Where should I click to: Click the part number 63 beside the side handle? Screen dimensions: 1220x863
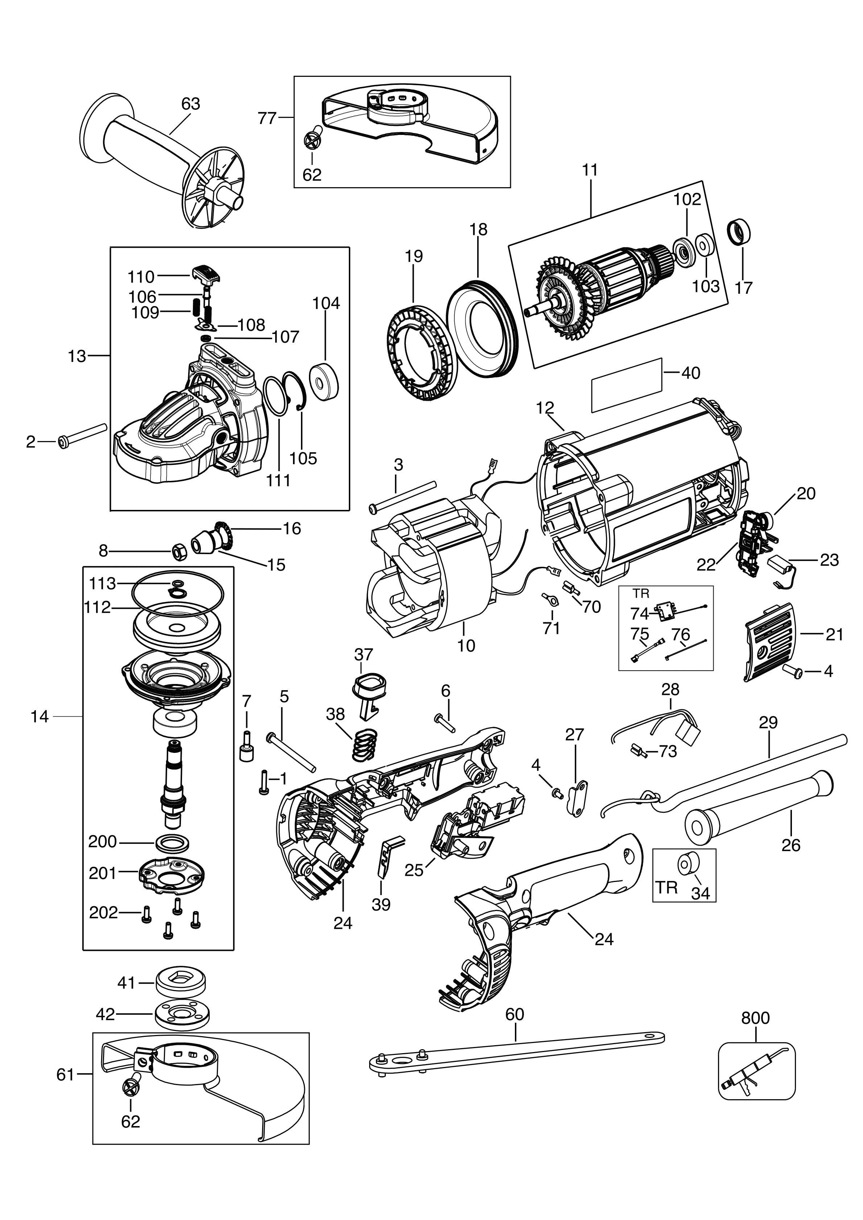tap(190, 104)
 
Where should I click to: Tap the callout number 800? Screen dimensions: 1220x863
tap(755, 1018)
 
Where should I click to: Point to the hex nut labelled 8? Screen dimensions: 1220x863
tap(179, 552)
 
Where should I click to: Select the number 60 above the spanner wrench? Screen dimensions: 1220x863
tap(515, 1014)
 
